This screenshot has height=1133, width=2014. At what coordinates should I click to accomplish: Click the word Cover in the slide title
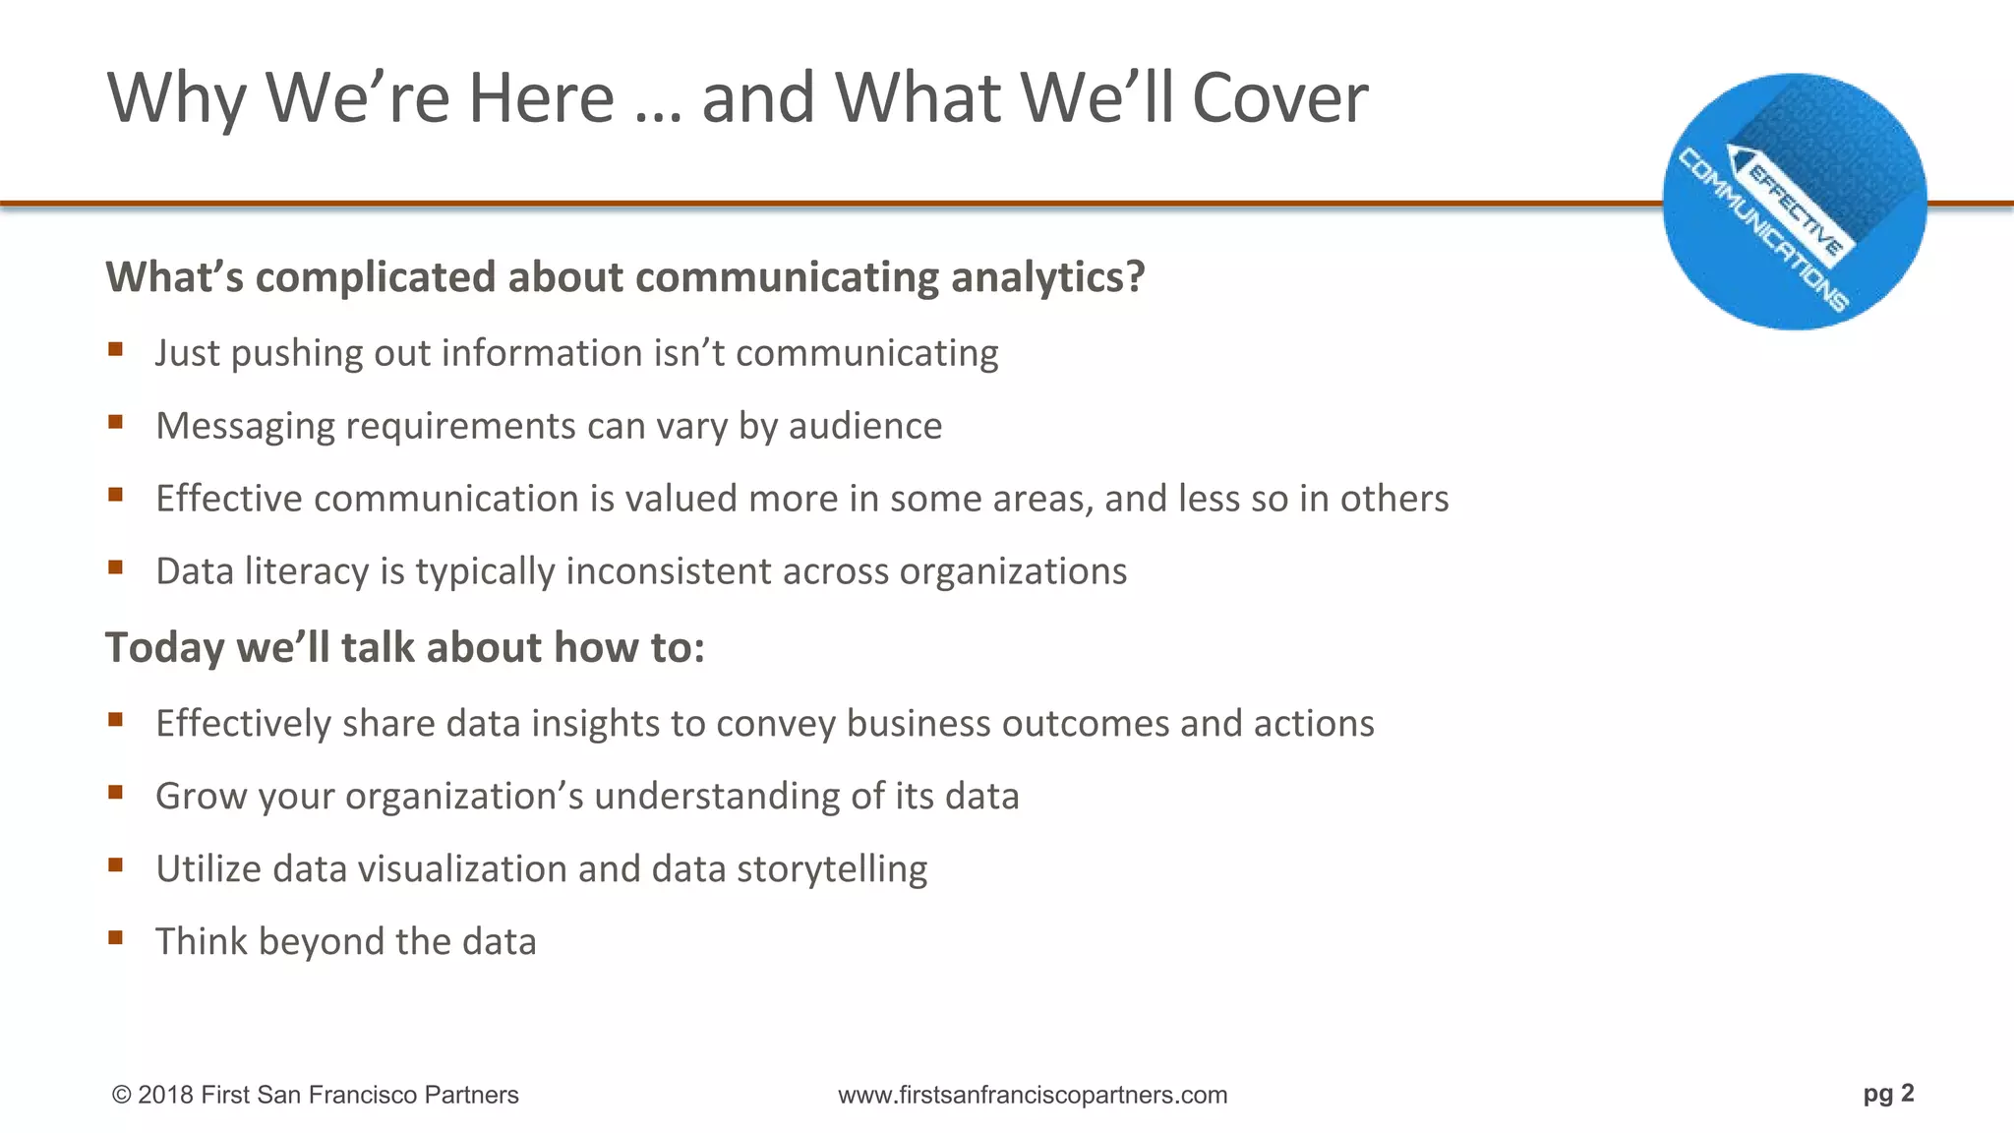(x=1279, y=98)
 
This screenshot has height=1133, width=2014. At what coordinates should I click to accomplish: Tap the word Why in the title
(x=176, y=100)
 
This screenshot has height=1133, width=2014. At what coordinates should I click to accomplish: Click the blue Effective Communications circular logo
(x=1794, y=202)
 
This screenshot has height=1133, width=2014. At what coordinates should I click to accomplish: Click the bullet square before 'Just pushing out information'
(x=116, y=349)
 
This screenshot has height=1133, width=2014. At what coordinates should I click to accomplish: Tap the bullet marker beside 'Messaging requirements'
(x=116, y=422)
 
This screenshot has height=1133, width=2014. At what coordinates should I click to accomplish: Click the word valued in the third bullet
(x=681, y=499)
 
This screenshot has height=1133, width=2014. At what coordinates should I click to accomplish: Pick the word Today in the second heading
(x=165, y=648)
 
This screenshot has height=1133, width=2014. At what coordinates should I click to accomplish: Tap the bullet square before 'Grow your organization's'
(x=116, y=792)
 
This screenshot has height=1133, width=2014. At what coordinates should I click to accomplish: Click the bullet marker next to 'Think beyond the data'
(x=116, y=937)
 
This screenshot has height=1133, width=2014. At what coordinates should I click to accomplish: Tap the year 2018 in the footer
(x=165, y=1095)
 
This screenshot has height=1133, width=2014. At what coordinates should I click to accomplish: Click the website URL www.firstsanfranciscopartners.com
(x=1033, y=1095)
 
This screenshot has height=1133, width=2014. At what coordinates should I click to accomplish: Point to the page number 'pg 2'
(x=1888, y=1094)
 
